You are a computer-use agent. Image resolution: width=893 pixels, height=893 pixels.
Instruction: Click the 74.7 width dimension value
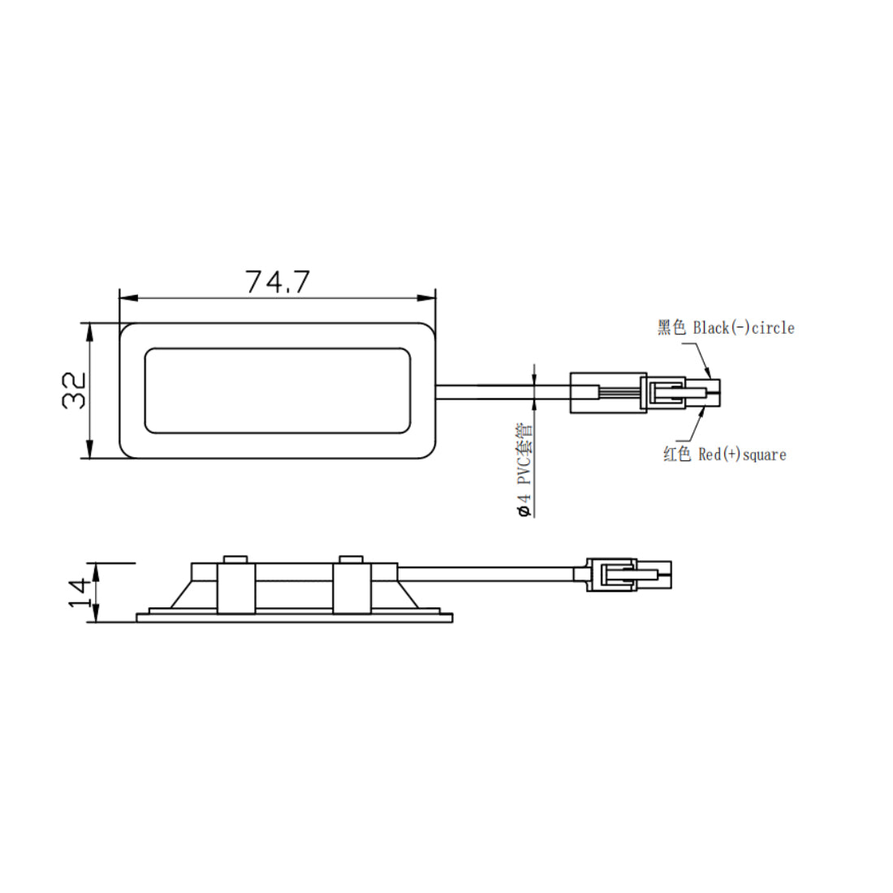pyautogui.click(x=278, y=282)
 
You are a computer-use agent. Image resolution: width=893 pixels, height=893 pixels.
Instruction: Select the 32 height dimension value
pyautogui.click(x=75, y=390)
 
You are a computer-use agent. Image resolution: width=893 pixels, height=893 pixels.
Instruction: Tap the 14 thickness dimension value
pyautogui.click(x=78, y=593)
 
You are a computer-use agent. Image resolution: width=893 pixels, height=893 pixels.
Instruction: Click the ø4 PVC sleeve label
pyautogui.click(x=524, y=470)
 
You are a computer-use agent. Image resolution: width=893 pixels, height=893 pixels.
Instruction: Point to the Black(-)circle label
pyautogui.click(x=743, y=328)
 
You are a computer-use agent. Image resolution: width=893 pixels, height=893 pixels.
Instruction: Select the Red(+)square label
pyautogui.click(x=742, y=455)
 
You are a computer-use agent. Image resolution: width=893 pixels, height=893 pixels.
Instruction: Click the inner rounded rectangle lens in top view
pyautogui.click(x=277, y=390)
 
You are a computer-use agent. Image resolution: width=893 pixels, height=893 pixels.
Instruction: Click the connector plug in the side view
pyautogui.click(x=628, y=575)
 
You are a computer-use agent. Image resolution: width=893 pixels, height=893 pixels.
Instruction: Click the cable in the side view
pyautogui.click(x=487, y=575)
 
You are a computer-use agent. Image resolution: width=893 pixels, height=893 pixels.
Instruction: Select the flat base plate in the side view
pyautogui.click(x=294, y=618)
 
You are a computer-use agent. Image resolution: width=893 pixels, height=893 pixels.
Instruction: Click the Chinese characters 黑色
pyautogui.click(x=672, y=328)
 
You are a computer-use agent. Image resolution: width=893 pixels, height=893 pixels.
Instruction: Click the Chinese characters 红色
pyautogui.click(x=677, y=455)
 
